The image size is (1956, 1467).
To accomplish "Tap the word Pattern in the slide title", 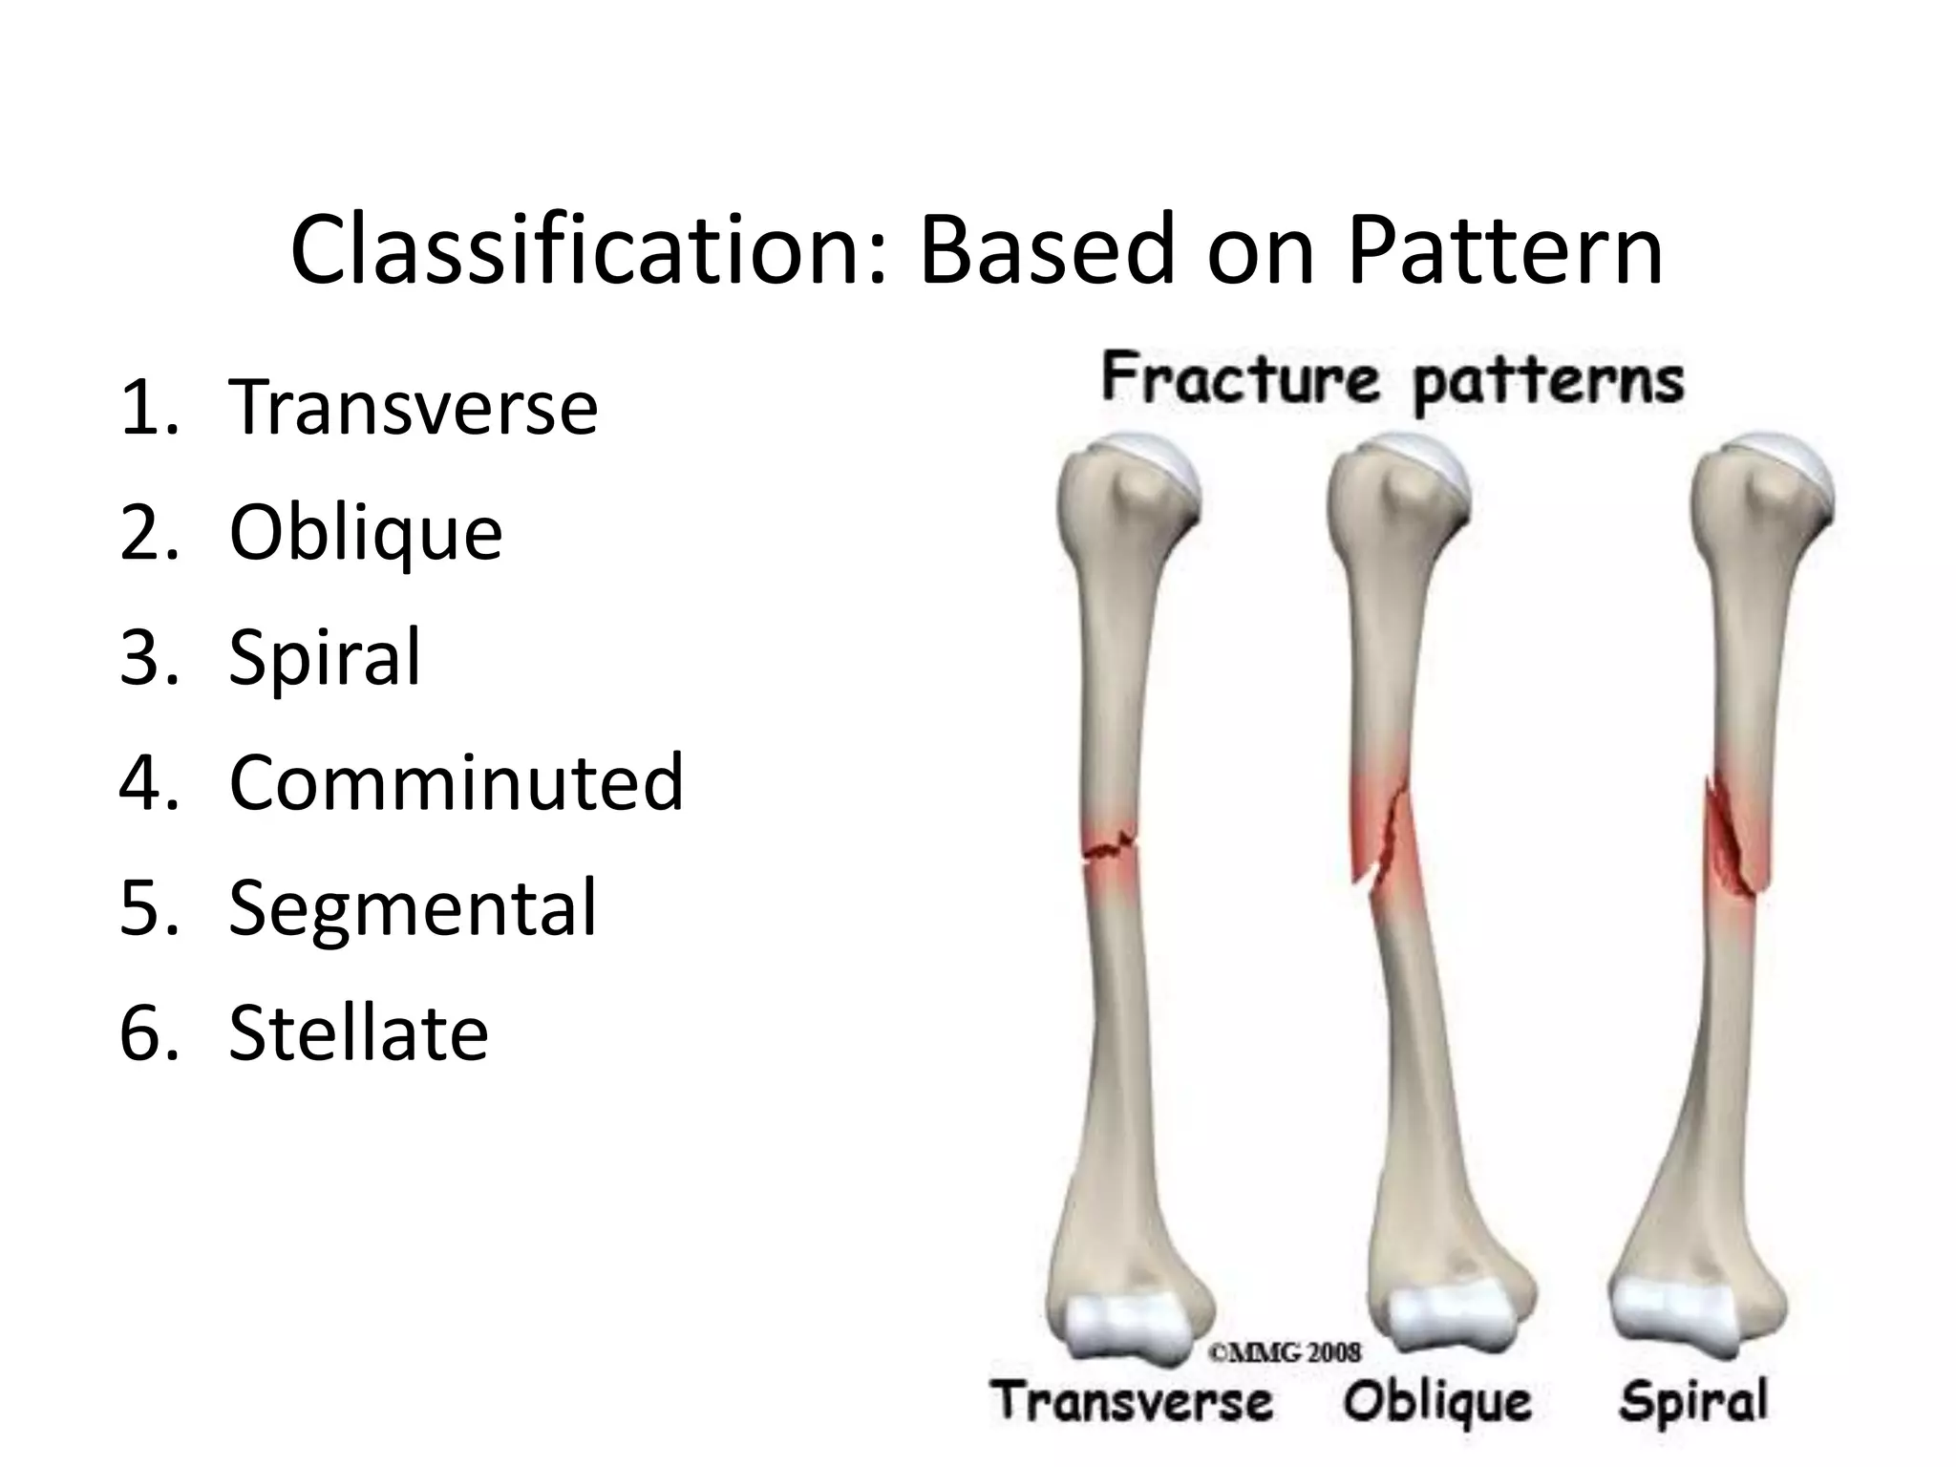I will [1505, 250].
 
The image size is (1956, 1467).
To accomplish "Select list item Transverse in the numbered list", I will [413, 407].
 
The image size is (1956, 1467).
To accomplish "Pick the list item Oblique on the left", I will [365, 532].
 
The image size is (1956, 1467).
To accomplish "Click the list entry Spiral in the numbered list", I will [325, 657].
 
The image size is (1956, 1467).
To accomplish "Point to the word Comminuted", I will [456, 782].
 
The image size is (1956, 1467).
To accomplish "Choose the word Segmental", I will [413, 907].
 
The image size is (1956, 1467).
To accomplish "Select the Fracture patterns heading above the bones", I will [1392, 382].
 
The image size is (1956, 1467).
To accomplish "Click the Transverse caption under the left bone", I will [1132, 1402].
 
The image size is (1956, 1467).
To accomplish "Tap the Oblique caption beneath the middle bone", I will [1437, 1402].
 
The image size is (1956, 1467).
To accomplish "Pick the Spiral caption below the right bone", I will [1693, 1402].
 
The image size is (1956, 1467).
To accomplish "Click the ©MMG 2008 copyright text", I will [1285, 1351].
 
